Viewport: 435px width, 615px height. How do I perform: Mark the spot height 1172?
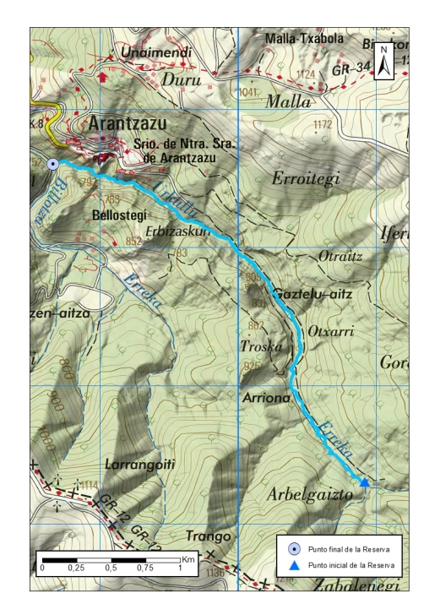click(321, 125)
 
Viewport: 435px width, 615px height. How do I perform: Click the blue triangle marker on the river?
click(364, 482)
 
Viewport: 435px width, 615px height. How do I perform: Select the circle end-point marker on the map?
click(53, 164)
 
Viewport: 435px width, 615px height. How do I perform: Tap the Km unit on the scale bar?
click(188, 559)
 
